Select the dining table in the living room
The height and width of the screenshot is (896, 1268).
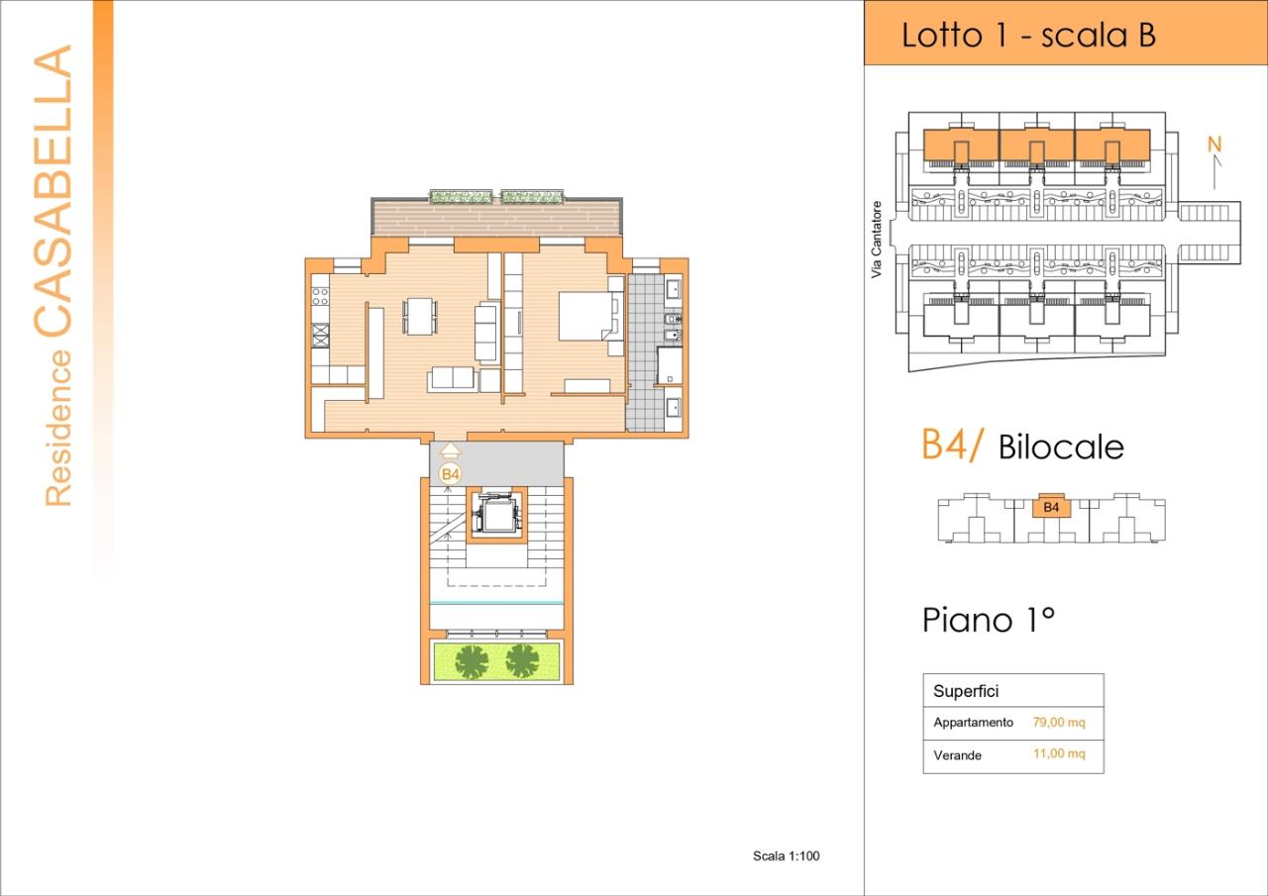(x=419, y=317)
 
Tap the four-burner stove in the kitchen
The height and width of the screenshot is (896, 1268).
(x=320, y=294)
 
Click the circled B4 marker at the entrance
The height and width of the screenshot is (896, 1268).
(x=451, y=474)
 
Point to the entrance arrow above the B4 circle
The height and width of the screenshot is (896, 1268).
(x=450, y=451)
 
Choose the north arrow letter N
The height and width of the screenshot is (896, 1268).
(x=1215, y=145)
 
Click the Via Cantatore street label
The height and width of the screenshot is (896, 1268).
(x=877, y=241)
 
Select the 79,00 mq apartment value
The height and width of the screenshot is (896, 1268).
(x=1059, y=723)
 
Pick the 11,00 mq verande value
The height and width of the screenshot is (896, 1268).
(x=1059, y=754)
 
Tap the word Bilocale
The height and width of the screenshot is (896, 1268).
(x=1061, y=448)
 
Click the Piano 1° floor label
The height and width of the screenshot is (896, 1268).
(x=988, y=621)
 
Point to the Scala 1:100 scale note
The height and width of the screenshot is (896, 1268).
(x=787, y=856)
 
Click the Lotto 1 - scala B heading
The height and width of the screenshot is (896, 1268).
(x=1028, y=36)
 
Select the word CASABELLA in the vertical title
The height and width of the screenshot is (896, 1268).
(x=54, y=188)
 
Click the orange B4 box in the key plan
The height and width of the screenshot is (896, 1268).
(x=1051, y=508)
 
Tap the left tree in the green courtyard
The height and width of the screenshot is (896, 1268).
(x=472, y=660)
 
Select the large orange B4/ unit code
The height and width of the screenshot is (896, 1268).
(x=952, y=446)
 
